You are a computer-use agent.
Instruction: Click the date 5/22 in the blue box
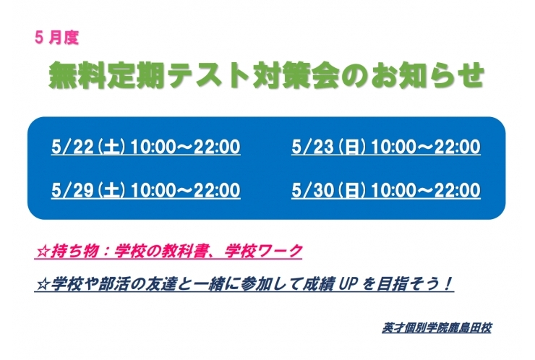coord(69,148)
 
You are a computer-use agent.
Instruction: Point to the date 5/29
coord(69,190)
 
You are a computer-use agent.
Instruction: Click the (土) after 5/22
coord(113,148)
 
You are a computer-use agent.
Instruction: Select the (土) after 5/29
coord(113,190)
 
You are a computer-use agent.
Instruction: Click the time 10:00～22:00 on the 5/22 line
coord(186,148)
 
